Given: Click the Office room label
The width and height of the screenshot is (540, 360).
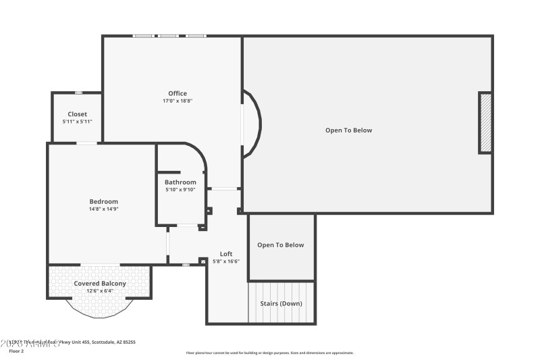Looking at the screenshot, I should pyautogui.click(x=178, y=93).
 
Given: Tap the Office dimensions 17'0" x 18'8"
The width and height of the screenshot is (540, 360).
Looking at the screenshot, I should pyautogui.click(x=178, y=101).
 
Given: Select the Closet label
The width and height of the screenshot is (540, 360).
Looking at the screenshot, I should pyautogui.click(x=77, y=114).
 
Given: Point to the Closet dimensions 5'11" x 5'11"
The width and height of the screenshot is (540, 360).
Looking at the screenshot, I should pyautogui.click(x=77, y=122).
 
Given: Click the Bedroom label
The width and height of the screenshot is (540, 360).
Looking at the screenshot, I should pyautogui.click(x=104, y=201).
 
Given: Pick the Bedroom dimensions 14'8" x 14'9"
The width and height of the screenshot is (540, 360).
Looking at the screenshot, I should pyautogui.click(x=104, y=209).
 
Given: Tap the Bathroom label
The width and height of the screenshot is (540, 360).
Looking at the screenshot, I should pyautogui.click(x=180, y=182).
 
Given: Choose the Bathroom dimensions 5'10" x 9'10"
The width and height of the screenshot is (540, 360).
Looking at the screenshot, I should pyautogui.click(x=180, y=190).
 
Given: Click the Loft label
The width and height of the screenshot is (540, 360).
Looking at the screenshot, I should pyautogui.click(x=226, y=253).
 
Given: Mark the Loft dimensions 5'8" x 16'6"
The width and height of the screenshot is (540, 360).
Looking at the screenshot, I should pyautogui.click(x=226, y=261).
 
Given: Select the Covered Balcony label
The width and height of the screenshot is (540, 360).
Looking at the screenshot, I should pyautogui.click(x=100, y=284).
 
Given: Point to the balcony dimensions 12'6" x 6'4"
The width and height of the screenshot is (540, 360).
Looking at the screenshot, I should pyautogui.click(x=100, y=291).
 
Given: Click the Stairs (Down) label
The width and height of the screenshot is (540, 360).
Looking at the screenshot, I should pyautogui.click(x=281, y=303).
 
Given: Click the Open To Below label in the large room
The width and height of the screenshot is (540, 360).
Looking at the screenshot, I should pyautogui.click(x=348, y=130).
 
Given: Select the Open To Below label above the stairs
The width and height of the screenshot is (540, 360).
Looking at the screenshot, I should pyautogui.click(x=281, y=245).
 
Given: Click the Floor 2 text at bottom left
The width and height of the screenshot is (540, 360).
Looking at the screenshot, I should pyautogui.click(x=16, y=351).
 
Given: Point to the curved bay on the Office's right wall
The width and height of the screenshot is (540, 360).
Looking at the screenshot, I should pyautogui.click(x=252, y=124).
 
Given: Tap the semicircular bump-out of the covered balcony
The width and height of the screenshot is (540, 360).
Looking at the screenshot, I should pyautogui.click(x=99, y=308).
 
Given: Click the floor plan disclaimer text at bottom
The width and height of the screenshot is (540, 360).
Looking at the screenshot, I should pyautogui.click(x=269, y=353).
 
